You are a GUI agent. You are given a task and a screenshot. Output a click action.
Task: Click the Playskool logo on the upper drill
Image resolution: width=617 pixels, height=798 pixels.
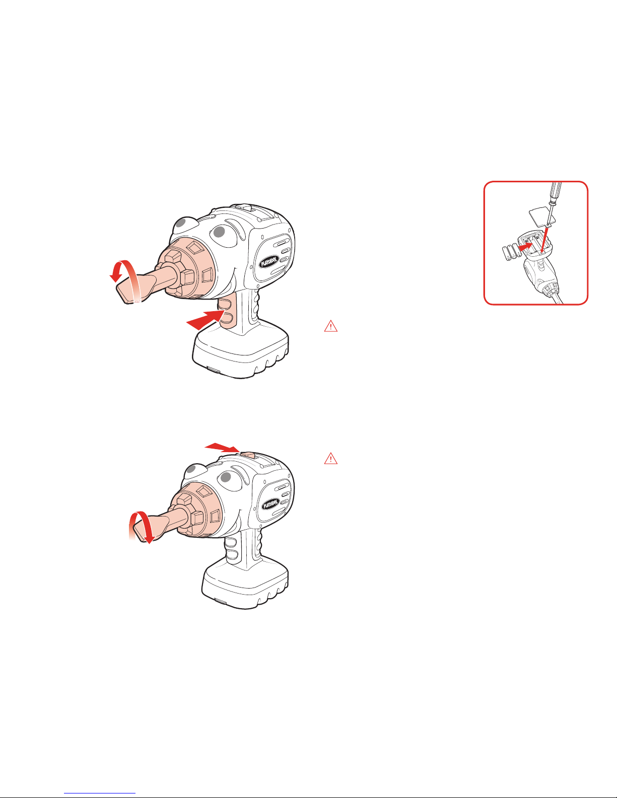coord(269,261)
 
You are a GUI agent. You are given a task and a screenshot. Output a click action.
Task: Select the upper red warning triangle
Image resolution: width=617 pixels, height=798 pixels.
coord(331,326)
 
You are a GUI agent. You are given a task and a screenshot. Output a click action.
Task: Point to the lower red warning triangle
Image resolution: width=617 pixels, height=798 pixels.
coord(331,458)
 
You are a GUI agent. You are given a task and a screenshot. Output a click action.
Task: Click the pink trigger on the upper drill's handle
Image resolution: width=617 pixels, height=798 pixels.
coord(227,312)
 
